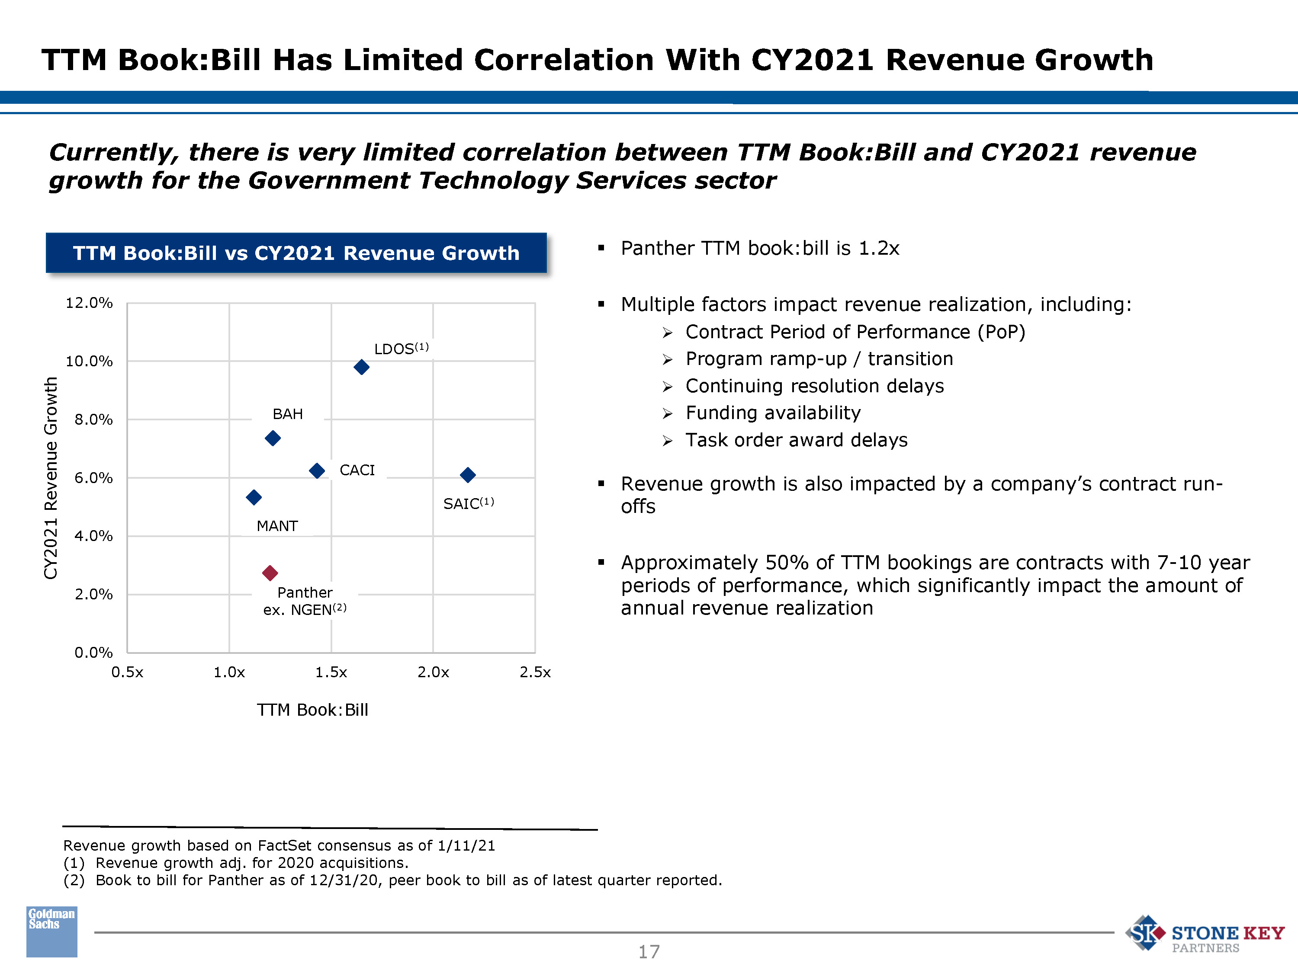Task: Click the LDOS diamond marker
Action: (x=361, y=367)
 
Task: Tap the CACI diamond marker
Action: (x=317, y=470)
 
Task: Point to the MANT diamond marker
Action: (x=254, y=497)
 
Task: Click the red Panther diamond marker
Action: (x=270, y=573)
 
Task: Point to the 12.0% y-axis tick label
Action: (x=89, y=303)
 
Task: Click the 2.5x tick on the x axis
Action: (x=535, y=672)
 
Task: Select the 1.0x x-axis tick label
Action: (x=229, y=672)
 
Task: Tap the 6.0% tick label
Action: (x=93, y=478)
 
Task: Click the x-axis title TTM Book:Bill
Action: (x=312, y=710)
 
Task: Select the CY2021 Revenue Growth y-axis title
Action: (x=51, y=478)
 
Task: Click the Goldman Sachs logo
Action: (x=51, y=931)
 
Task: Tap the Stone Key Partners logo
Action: (x=1204, y=934)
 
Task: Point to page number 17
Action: (x=649, y=951)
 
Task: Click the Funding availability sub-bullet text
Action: (x=773, y=413)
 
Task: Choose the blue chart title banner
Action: (x=296, y=253)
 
